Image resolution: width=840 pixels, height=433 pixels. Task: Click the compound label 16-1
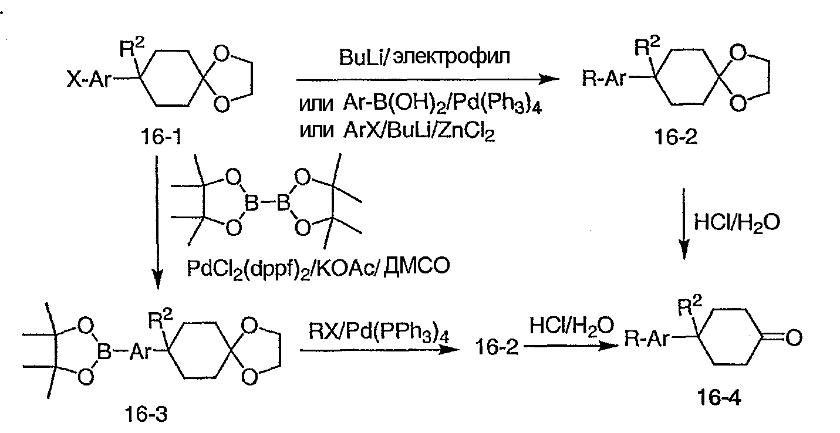pyautogui.click(x=161, y=137)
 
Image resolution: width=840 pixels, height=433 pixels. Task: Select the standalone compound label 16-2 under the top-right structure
pyautogui.click(x=676, y=137)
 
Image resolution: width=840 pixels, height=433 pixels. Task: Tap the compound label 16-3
pyautogui.click(x=146, y=415)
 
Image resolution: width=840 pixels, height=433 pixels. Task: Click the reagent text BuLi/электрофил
pyautogui.click(x=424, y=57)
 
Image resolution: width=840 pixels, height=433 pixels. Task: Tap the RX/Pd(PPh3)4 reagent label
pyautogui.click(x=379, y=332)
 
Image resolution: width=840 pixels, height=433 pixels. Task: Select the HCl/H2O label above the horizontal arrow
pyautogui.click(x=571, y=326)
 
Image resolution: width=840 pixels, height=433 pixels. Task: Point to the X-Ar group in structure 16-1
pyautogui.click(x=89, y=79)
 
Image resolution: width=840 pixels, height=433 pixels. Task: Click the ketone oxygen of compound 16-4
pyautogui.click(x=794, y=337)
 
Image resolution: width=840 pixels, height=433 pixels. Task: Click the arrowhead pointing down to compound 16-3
pyautogui.click(x=158, y=280)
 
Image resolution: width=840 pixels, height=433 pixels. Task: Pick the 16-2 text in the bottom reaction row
pyautogui.click(x=497, y=347)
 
